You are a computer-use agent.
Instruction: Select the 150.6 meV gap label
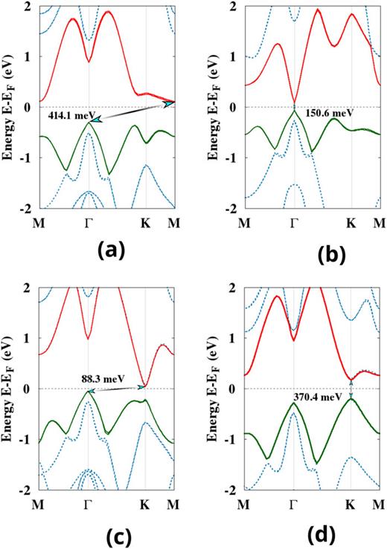pos(327,115)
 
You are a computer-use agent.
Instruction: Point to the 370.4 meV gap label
pos(312,397)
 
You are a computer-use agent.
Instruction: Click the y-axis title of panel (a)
pos(10,106)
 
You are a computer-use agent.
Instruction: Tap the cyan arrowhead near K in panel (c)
pos(141,386)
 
